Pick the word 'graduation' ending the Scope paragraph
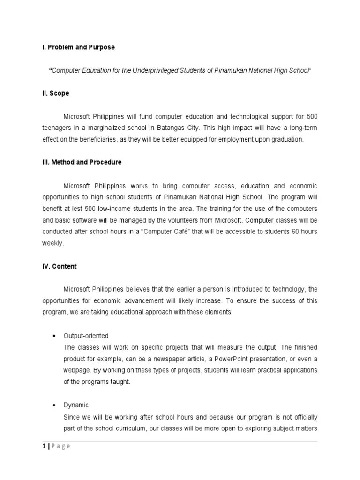click(x=288, y=139)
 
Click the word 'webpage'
click(x=76, y=370)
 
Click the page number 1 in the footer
click(x=44, y=446)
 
